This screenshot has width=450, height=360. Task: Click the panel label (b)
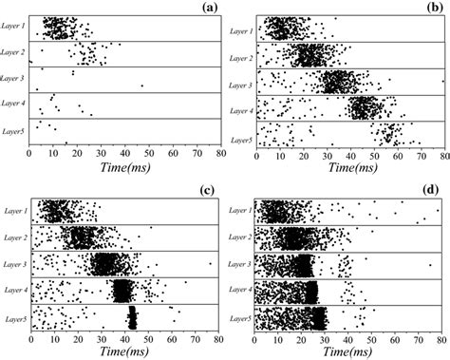tap(434, 9)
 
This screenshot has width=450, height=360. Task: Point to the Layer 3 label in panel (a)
tap(13, 80)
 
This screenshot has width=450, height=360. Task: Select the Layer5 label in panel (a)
tap(13, 130)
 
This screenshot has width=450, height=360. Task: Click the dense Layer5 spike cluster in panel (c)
tap(132, 317)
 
